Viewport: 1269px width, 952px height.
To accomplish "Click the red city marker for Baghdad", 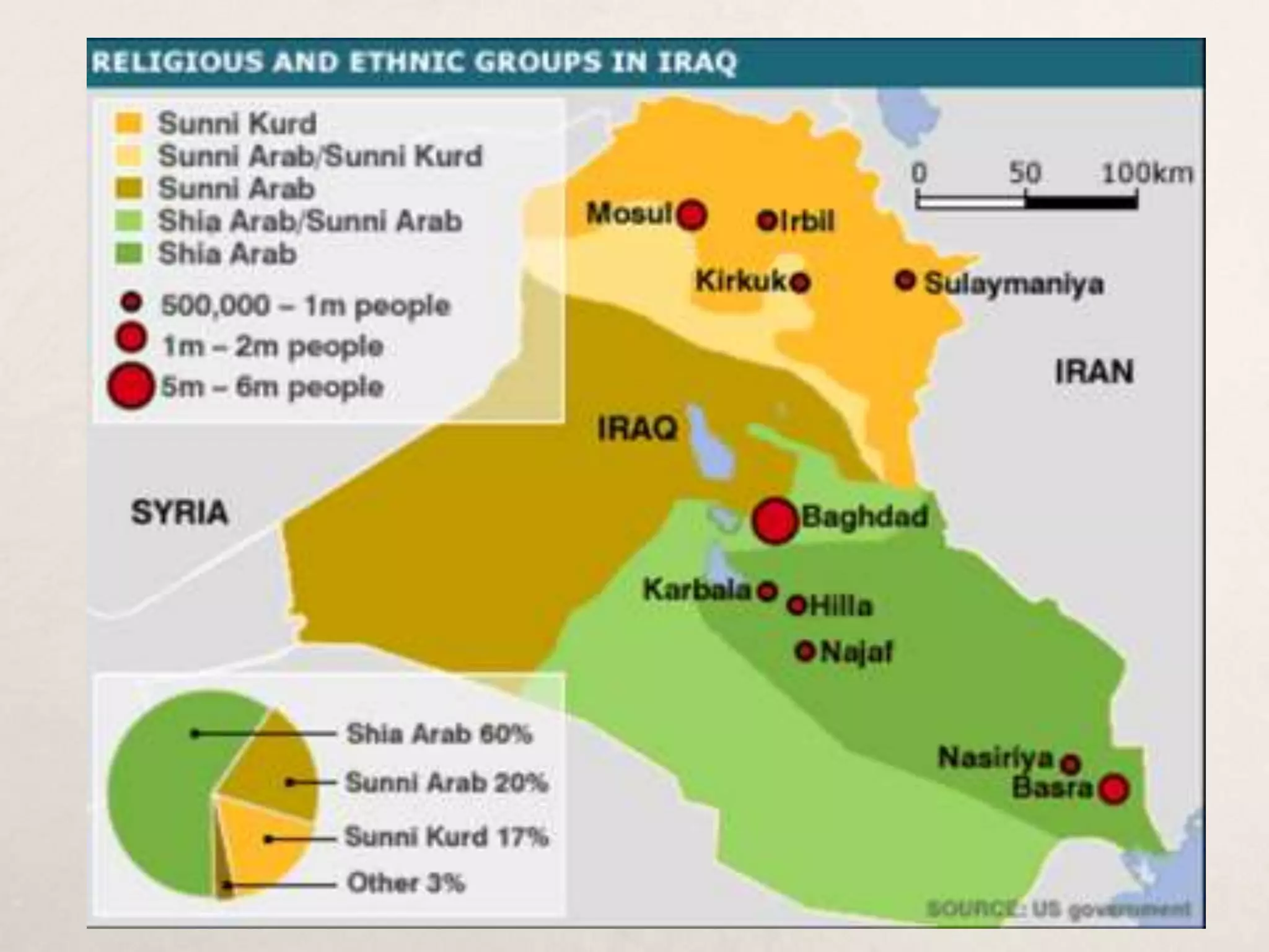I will [775, 521].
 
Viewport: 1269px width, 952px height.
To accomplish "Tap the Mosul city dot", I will [692, 216].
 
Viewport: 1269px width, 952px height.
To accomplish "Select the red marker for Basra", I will [1114, 789].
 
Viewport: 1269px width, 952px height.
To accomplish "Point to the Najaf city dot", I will [806, 651].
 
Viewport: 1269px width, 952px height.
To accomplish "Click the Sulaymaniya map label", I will [1014, 284].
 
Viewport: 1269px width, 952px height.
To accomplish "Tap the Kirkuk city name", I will [740, 281].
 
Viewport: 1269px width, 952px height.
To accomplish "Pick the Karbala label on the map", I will [697, 590].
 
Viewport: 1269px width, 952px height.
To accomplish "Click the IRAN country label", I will [1094, 372].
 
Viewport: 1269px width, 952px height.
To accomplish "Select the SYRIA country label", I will [180, 513].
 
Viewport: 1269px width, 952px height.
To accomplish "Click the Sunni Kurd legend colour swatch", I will [128, 123].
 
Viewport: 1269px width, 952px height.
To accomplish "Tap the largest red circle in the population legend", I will [130, 386].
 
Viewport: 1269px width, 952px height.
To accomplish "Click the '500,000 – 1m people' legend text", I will [305, 306].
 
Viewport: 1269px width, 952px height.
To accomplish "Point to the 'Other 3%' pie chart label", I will [406, 883].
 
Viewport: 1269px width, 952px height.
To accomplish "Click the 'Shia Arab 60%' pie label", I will [439, 734].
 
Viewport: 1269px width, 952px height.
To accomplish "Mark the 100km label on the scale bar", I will [1146, 173].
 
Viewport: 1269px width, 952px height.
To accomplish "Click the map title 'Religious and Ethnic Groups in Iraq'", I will [414, 62].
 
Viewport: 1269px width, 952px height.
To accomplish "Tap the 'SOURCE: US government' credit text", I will [1058, 909].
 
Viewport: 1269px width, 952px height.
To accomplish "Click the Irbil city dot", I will [767, 220].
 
